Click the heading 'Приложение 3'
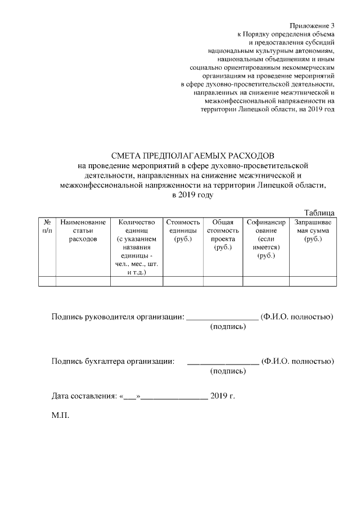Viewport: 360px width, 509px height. pos(312,26)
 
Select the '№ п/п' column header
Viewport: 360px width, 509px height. pos(47,227)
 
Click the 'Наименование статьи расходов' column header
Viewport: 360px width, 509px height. pos(83,231)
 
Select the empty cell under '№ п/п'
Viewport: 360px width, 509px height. pos(47,282)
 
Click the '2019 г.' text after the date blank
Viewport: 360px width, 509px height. pos(222,396)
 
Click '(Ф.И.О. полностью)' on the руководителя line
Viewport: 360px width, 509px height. pos(298,317)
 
